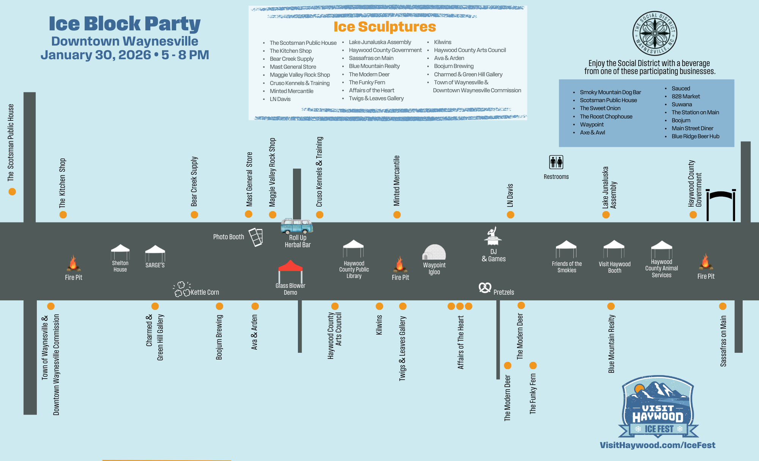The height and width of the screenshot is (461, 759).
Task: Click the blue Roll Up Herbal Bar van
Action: pyautogui.click(x=297, y=226)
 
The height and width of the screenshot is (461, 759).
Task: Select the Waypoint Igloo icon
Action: pyautogui.click(x=434, y=252)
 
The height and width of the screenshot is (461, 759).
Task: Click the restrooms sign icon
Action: pyautogui.click(x=556, y=162)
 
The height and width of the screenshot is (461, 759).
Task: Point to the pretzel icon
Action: pyautogui.click(x=485, y=288)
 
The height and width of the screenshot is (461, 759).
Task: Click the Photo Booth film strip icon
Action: pyautogui.click(x=256, y=237)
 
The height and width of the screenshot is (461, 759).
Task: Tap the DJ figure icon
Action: pyautogui.click(x=493, y=236)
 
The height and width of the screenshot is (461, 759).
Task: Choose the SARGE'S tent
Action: pyautogui.click(x=155, y=253)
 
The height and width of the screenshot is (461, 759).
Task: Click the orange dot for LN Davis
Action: pyautogui.click(x=510, y=215)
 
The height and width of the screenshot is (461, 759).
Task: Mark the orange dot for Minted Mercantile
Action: pyautogui.click(x=397, y=215)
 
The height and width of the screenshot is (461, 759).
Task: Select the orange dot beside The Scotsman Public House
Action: pyautogui.click(x=12, y=192)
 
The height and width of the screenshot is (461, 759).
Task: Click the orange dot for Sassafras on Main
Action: pyautogui.click(x=723, y=306)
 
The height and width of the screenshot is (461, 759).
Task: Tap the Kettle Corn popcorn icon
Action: pyautogui.click(x=182, y=289)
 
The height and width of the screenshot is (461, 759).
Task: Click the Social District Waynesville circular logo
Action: pyautogui.click(x=655, y=33)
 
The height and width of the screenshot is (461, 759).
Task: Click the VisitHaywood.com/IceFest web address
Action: pyautogui.click(x=657, y=445)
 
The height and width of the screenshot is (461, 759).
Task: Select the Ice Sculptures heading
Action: pyautogui.click(x=384, y=27)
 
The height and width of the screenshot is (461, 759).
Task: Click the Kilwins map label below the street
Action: pyautogui.click(x=379, y=325)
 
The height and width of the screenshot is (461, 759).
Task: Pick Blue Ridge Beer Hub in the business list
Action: pyautogui.click(x=695, y=136)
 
